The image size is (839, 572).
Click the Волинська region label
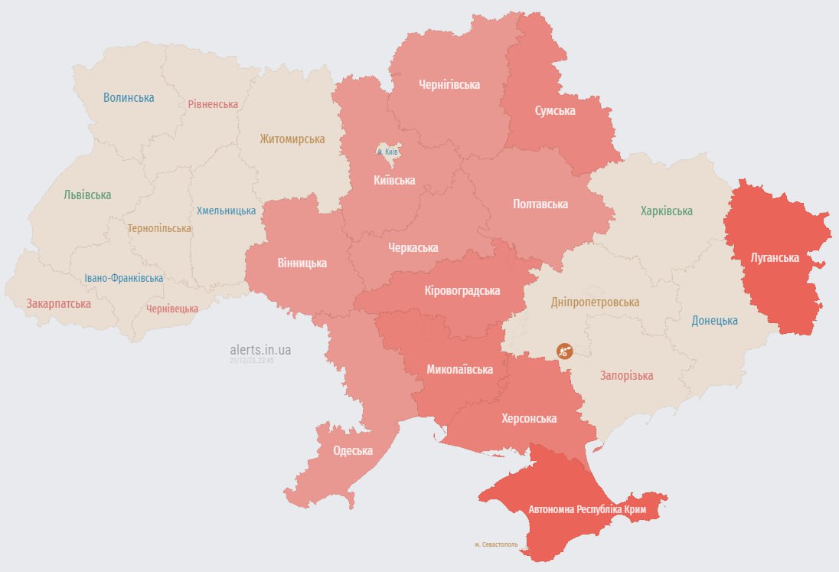(x=129, y=98)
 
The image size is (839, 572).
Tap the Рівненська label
(x=213, y=104)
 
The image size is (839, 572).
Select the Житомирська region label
(x=292, y=139)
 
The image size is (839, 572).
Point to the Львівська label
(x=87, y=195)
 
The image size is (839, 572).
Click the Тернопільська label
(x=159, y=228)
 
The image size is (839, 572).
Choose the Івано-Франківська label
(x=123, y=278)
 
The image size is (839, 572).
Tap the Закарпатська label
(x=58, y=304)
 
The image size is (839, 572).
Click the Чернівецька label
(x=172, y=309)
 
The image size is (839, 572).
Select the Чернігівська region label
(x=449, y=85)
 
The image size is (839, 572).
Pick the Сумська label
(x=554, y=111)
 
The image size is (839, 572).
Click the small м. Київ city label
(x=388, y=152)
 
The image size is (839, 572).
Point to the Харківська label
(x=666, y=211)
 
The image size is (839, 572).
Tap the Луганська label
(x=775, y=258)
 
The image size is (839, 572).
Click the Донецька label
(x=714, y=321)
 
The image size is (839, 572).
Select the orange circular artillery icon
(x=564, y=351)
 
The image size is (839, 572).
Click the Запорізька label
(x=626, y=376)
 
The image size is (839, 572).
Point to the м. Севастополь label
(x=496, y=545)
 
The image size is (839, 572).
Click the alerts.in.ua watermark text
(x=260, y=350)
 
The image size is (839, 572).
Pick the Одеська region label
(x=353, y=451)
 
